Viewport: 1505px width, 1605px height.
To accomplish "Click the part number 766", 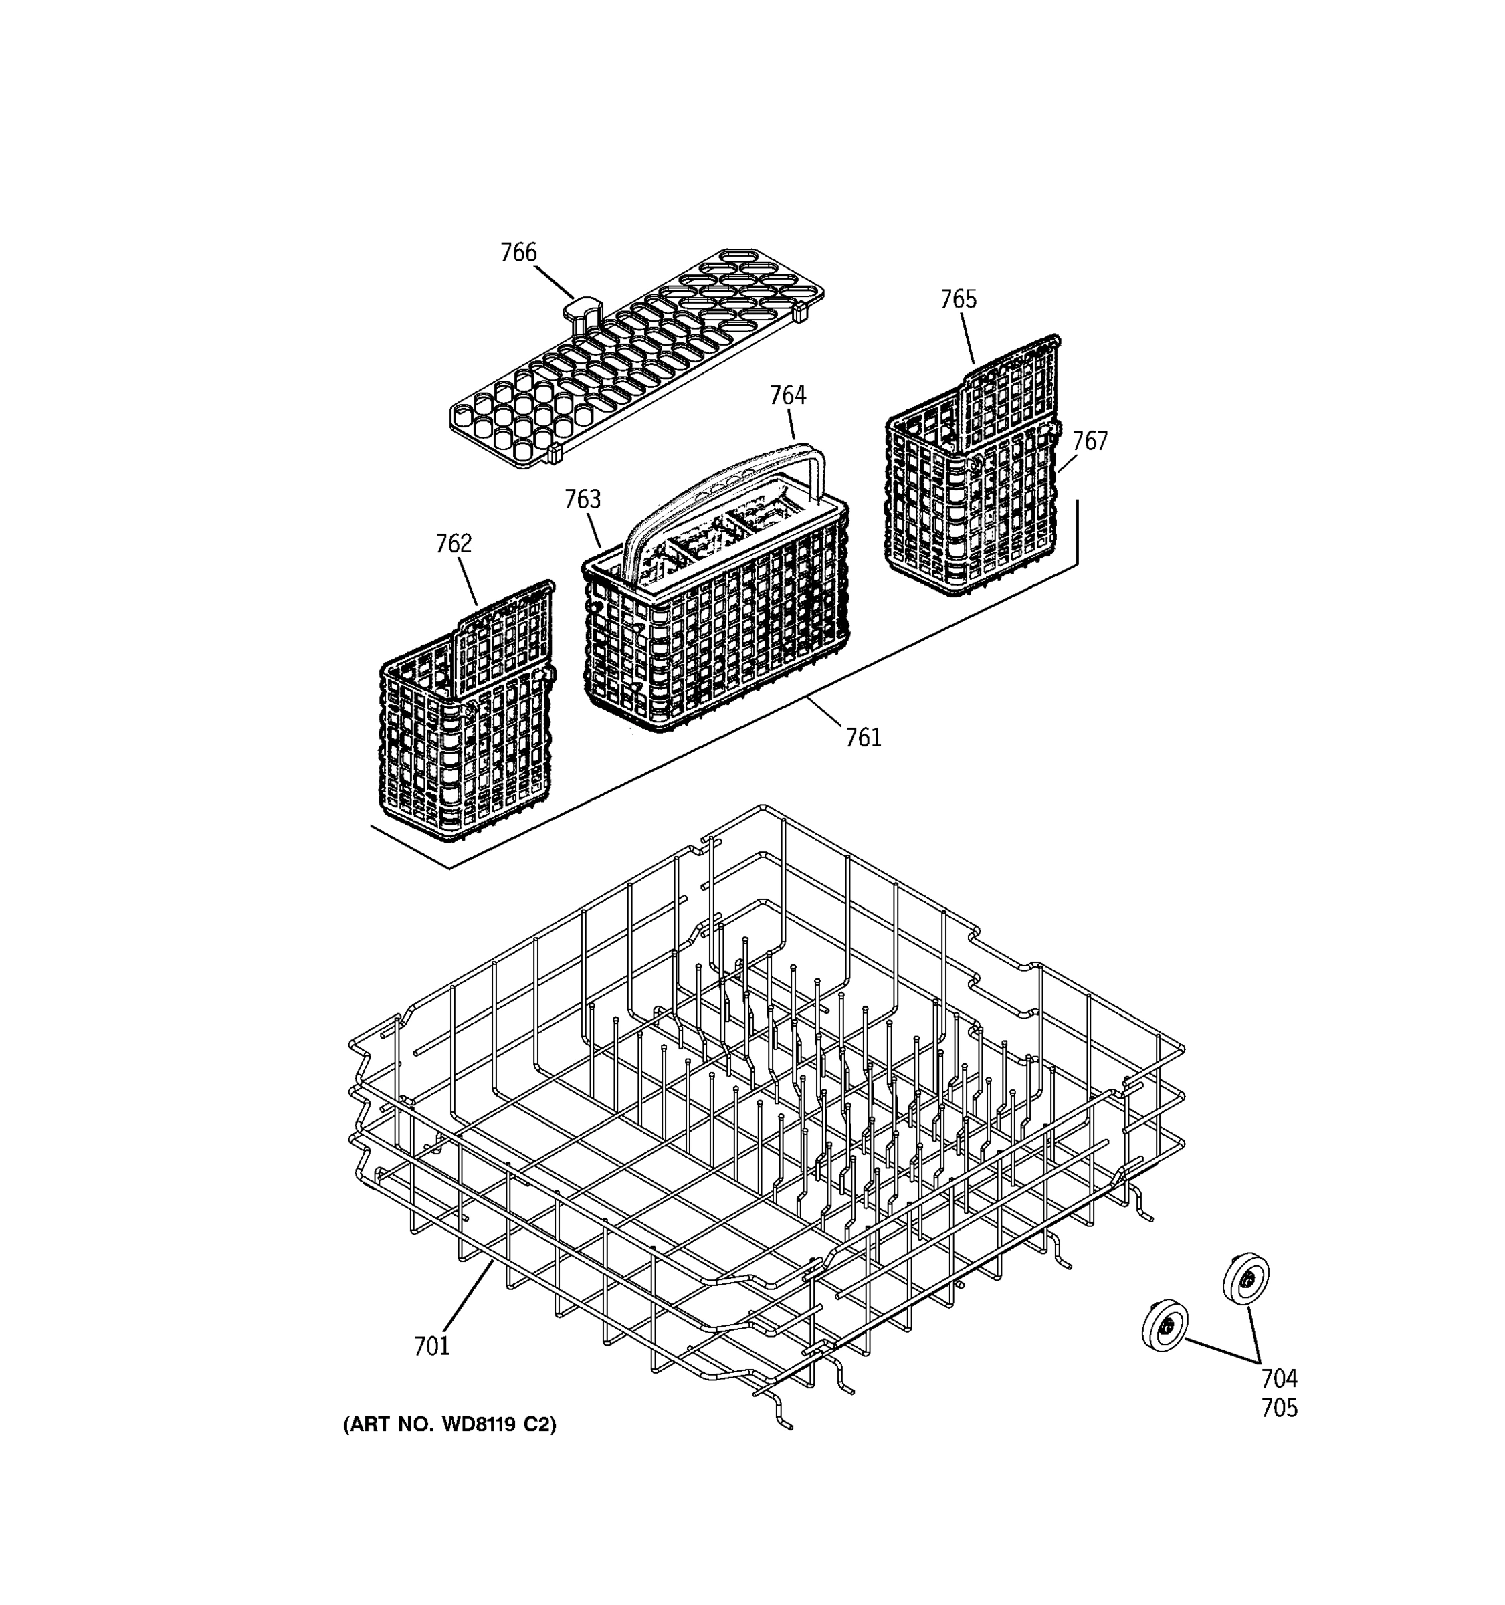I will [x=518, y=253].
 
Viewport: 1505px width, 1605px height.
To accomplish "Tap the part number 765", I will [x=959, y=299].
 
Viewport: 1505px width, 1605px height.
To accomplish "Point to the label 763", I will [x=582, y=499].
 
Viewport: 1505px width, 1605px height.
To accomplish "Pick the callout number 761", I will [x=863, y=737].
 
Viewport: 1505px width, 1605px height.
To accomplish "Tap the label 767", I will [x=1090, y=441].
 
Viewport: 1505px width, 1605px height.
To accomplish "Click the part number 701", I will [x=431, y=1346].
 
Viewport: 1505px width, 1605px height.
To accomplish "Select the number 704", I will [x=1279, y=1378].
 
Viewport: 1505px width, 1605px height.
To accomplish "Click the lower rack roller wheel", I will [x=1165, y=1325].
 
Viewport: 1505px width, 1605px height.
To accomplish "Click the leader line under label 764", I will [x=791, y=423].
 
